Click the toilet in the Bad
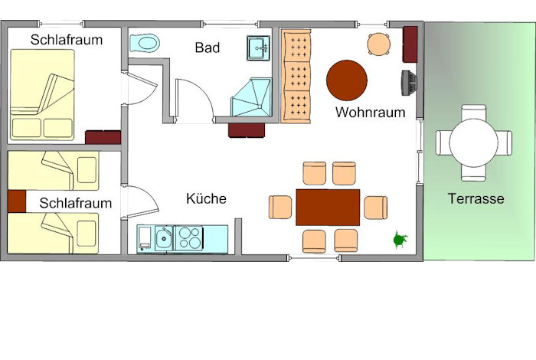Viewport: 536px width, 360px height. click(145, 44)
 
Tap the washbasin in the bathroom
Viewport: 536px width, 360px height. click(259, 47)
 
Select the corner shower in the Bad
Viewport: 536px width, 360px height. click(252, 97)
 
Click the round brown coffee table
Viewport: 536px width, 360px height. click(347, 80)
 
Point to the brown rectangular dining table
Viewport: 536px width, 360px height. click(328, 207)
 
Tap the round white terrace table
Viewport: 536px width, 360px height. click(474, 143)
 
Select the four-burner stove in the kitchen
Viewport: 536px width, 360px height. click(189, 238)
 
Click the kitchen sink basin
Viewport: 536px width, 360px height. click(164, 238)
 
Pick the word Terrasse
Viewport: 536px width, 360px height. click(476, 198)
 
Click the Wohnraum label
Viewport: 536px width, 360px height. click(370, 112)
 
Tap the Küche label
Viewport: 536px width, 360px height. click(206, 198)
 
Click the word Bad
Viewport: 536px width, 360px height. click(208, 47)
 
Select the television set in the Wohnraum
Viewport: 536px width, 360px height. click(409, 83)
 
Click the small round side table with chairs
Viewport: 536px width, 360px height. click(379, 44)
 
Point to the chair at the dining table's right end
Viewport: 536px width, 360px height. click(376, 208)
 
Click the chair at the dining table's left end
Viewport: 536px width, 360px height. click(280, 207)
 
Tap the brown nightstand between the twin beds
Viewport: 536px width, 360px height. click(17, 201)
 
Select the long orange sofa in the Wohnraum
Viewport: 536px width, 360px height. click(296, 77)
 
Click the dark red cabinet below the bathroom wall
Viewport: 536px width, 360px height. click(247, 130)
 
